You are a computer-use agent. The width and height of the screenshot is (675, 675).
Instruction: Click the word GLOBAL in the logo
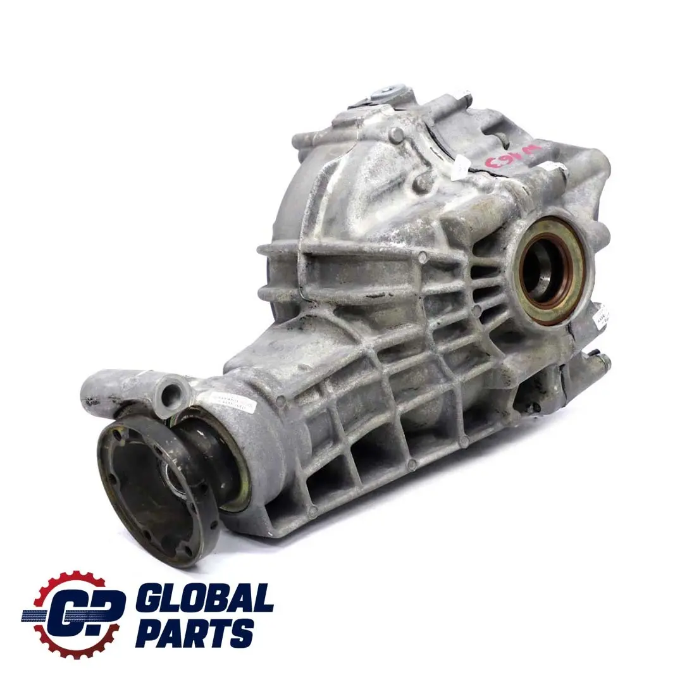pos(204,597)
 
